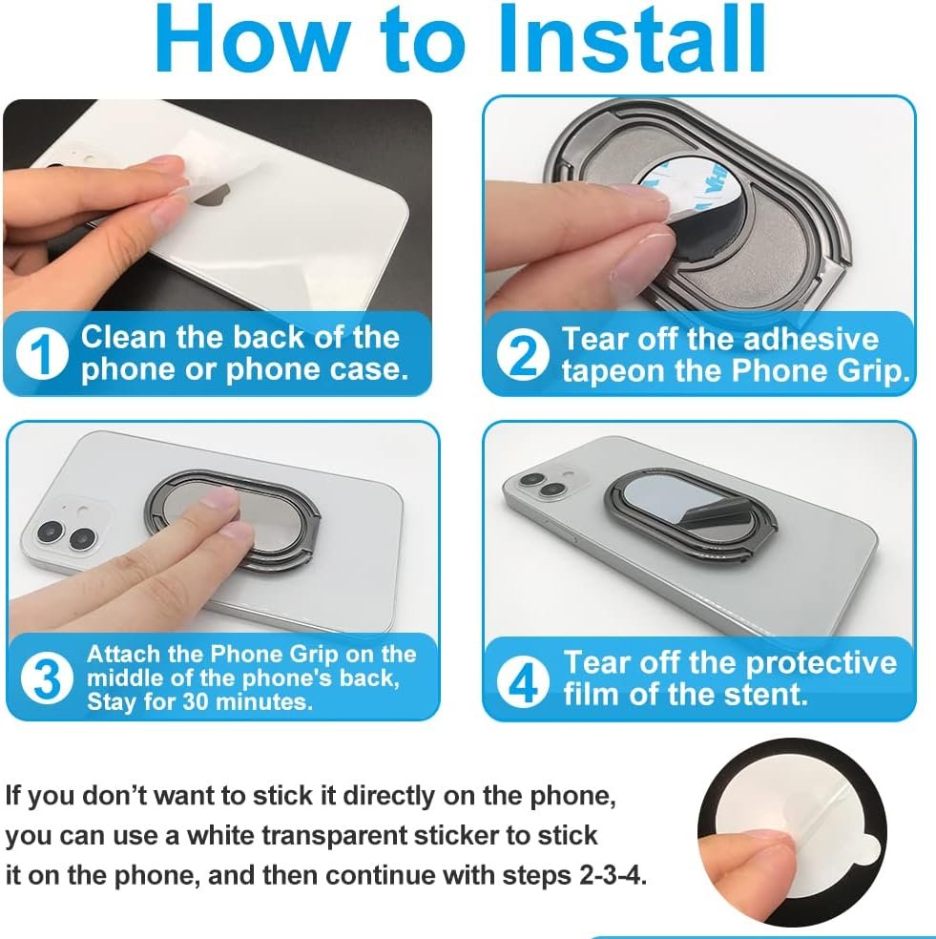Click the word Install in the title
tap(633, 38)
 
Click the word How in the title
tap(253, 38)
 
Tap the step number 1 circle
tap(42, 354)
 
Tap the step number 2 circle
tap(523, 355)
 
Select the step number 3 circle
tap(48, 678)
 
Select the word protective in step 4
tap(821, 664)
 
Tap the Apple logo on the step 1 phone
tap(212, 197)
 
